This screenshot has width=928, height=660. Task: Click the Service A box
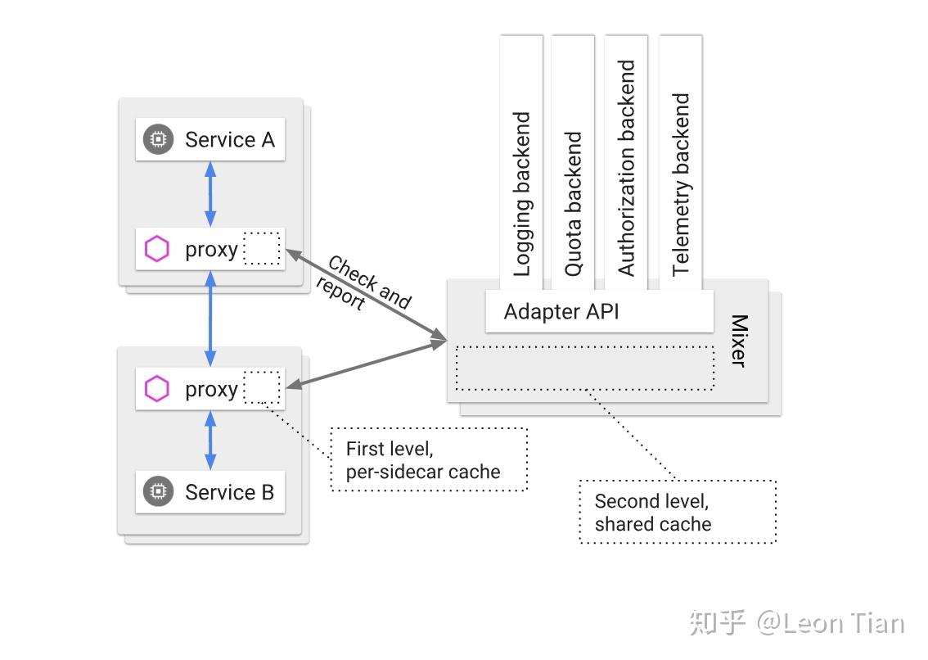[x=210, y=139]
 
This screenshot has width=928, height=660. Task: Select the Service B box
[x=210, y=491]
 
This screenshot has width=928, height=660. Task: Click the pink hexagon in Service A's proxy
[x=156, y=249]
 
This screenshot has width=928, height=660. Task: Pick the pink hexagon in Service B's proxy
[x=156, y=389]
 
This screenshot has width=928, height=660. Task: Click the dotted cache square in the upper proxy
[x=262, y=248]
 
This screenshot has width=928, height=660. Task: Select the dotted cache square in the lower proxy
[x=262, y=387]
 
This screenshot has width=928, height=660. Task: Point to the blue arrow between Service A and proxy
[x=210, y=194]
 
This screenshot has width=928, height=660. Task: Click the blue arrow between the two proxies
[x=210, y=319]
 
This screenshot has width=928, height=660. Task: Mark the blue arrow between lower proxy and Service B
[x=210, y=440]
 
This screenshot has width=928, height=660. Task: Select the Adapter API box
[x=598, y=311]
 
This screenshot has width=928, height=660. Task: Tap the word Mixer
[x=738, y=340]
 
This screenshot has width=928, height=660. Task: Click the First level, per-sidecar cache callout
[x=429, y=459]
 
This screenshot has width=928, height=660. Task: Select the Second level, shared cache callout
[x=677, y=512]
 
